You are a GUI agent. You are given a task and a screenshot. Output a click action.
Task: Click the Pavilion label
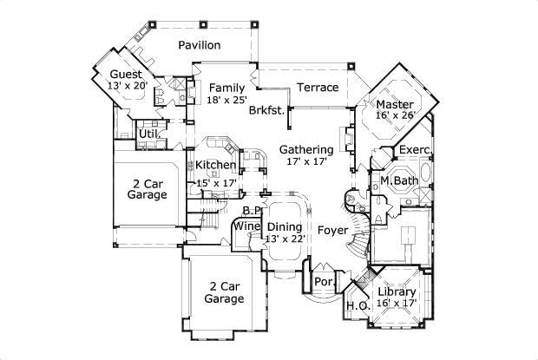(200, 45)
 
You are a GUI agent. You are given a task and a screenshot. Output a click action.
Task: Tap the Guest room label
(126, 74)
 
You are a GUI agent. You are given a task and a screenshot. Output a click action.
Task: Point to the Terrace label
(318, 88)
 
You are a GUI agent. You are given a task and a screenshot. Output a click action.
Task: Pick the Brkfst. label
(267, 111)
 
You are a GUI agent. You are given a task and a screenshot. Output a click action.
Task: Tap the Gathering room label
(306, 149)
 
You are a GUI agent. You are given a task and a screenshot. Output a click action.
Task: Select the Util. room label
(148, 134)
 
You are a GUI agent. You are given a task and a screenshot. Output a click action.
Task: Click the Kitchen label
(215, 166)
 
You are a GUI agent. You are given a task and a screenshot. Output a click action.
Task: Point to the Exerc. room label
(415, 151)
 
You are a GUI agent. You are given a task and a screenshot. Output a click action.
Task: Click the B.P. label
(252, 211)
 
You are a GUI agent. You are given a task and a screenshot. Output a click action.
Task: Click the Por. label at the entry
(325, 282)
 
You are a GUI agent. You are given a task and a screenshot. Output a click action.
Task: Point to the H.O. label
(358, 306)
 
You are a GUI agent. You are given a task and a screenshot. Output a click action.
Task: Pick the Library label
(397, 292)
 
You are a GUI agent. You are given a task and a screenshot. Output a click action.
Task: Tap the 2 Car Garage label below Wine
(224, 291)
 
